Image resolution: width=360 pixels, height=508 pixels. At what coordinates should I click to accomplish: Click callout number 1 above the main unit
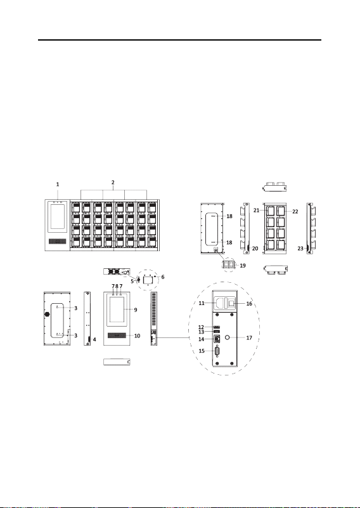58,185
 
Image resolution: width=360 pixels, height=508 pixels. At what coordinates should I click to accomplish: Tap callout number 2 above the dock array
113,183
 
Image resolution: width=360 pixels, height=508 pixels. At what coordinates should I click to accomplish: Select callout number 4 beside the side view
94,339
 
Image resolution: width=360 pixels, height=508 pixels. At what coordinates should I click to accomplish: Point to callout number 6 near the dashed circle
162,277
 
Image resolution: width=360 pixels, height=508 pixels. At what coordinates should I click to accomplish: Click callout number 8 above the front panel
117,287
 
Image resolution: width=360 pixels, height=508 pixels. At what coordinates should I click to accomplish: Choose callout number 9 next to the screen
136,309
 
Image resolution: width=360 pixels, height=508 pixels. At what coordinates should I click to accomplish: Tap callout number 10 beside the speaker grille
138,335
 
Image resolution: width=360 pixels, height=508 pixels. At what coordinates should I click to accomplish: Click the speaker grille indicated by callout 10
117,335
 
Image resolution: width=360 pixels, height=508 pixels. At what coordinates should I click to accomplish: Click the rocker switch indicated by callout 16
231,304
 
